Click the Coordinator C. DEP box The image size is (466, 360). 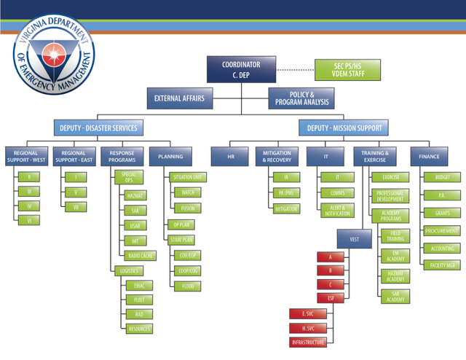pos(241,70)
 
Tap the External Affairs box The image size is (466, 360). pos(179,98)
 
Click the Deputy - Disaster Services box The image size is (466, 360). pos(98,128)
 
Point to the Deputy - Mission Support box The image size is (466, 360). pos(344,128)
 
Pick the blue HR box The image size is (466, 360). pos(231,156)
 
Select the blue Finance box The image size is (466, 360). pos(429,156)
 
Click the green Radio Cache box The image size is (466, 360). pos(141,256)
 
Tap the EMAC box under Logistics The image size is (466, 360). pos(138,286)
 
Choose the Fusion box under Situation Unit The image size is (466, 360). pos(188,208)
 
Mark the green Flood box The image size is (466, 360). pos(188,286)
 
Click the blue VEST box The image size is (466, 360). pos(355,239)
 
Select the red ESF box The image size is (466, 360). pos(330,298)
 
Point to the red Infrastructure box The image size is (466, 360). pos(308,342)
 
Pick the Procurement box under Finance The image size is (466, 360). pos(442,231)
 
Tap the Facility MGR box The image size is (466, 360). pos(442,265)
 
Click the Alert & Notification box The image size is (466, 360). pos(337,210)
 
